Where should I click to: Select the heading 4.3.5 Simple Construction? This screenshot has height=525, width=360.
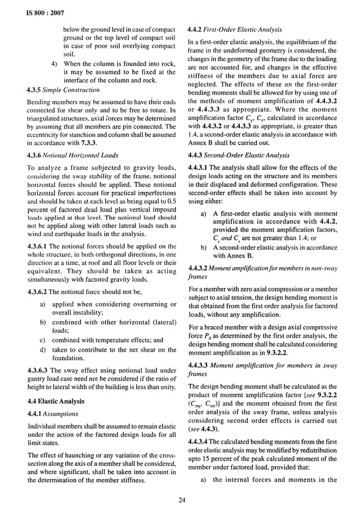tap(63, 89)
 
